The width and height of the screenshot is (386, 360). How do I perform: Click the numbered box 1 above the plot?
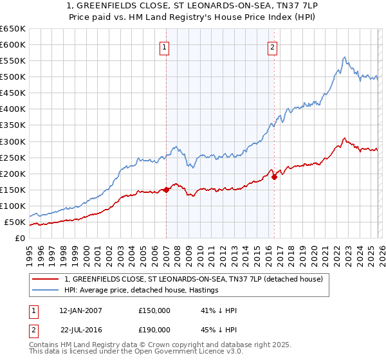click(x=165, y=46)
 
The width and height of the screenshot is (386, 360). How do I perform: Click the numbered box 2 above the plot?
click(x=273, y=46)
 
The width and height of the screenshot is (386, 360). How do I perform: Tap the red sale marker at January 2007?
click(x=166, y=190)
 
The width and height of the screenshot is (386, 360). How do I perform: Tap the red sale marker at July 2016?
click(x=274, y=177)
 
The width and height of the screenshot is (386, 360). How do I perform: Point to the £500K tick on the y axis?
click(x=13, y=77)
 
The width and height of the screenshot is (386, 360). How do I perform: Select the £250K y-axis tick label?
click(x=13, y=157)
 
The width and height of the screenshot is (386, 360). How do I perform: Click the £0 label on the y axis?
click(x=20, y=239)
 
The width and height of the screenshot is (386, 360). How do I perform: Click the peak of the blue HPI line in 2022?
click(x=345, y=57)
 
